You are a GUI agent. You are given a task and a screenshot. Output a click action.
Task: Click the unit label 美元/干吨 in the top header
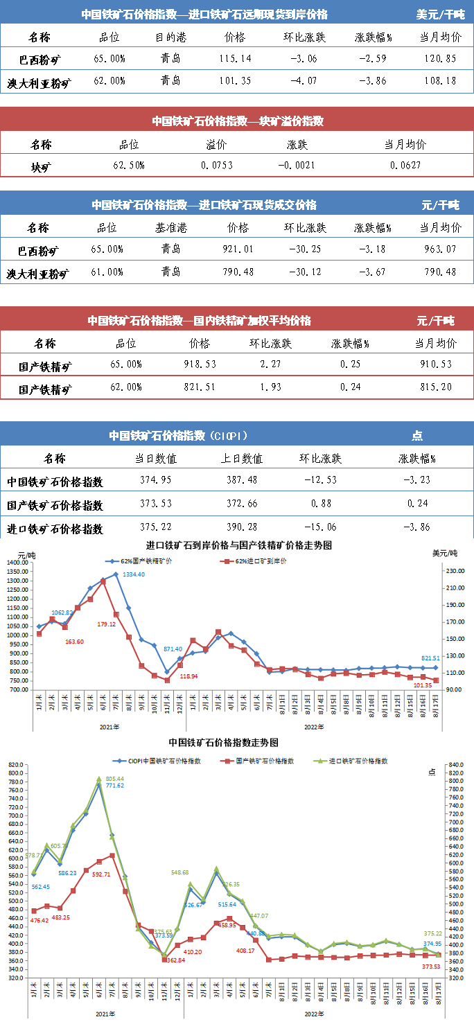pyautogui.click(x=441, y=14)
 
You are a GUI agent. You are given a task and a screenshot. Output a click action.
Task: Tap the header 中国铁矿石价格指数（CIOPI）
pyautogui.click(x=178, y=436)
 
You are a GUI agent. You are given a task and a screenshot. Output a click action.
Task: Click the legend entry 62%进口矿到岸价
pyautogui.click(x=251, y=561)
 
